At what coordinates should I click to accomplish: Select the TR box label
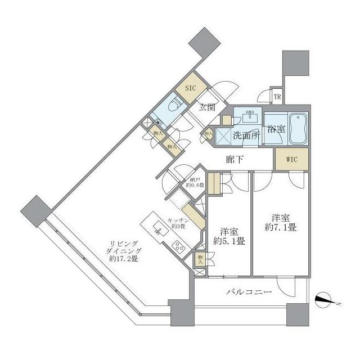pyautogui.click(x=277, y=96)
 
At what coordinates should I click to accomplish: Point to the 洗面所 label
pyautogui.click(x=246, y=135)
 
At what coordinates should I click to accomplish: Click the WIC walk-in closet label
pyautogui.click(x=291, y=159)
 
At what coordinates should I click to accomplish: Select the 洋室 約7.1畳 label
pyautogui.click(x=280, y=222)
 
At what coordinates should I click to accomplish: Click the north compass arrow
pyautogui.click(x=325, y=301)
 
